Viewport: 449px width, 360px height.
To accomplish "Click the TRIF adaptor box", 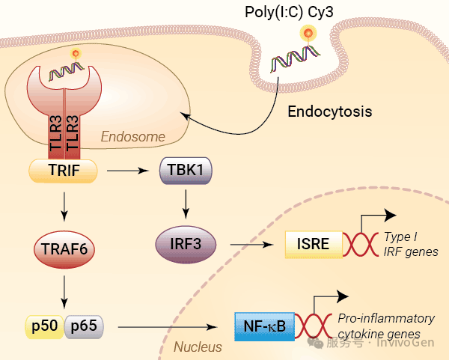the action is coord(64,171).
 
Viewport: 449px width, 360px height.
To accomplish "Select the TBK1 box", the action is coord(186,171).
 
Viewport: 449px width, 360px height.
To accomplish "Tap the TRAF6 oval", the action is coord(64,249).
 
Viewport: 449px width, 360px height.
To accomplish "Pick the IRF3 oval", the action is coord(186,244).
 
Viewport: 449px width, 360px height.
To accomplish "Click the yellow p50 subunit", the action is coord(45,327).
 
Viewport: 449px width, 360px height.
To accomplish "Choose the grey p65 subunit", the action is coord(84,327).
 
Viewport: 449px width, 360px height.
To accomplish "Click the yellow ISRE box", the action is coord(314,245).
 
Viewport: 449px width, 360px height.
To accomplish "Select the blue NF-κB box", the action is coord(265,326).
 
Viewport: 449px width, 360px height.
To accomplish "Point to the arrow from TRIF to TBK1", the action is coord(128,171).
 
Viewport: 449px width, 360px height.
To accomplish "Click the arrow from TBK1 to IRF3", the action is coord(186,204).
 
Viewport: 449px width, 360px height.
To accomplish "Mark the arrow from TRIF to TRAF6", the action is coord(64,207).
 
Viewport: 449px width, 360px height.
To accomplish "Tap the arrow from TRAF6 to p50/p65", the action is coord(64,292).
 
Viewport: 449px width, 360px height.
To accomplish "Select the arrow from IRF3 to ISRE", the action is coord(251,245).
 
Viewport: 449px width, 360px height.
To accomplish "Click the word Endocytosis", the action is coord(330,112).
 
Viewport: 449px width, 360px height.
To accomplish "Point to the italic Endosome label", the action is coord(133,137).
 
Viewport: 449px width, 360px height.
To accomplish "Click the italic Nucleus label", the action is coord(198,347).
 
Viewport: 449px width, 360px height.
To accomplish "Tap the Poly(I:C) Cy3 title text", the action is coord(289,12).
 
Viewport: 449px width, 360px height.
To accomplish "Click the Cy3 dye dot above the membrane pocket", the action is coord(308,33).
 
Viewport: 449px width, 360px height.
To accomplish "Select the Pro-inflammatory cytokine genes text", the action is coord(386,326).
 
